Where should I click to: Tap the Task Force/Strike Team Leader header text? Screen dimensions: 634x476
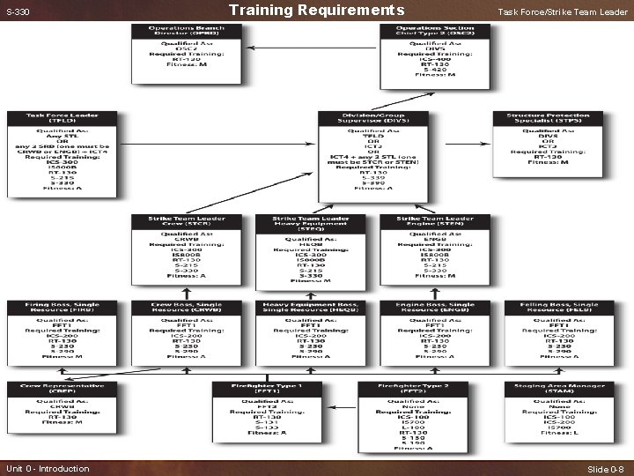click(x=563, y=11)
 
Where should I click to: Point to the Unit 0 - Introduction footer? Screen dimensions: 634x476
click(x=48, y=468)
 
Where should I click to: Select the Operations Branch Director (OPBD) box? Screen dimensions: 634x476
click(x=186, y=55)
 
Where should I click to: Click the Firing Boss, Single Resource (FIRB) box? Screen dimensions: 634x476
click(x=62, y=332)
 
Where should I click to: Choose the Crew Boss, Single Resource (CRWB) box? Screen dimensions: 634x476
click(x=186, y=332)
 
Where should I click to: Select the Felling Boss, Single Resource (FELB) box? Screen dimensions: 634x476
click(x=554, y=332)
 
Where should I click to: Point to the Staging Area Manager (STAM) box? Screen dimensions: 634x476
click(x=554, y=408)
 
